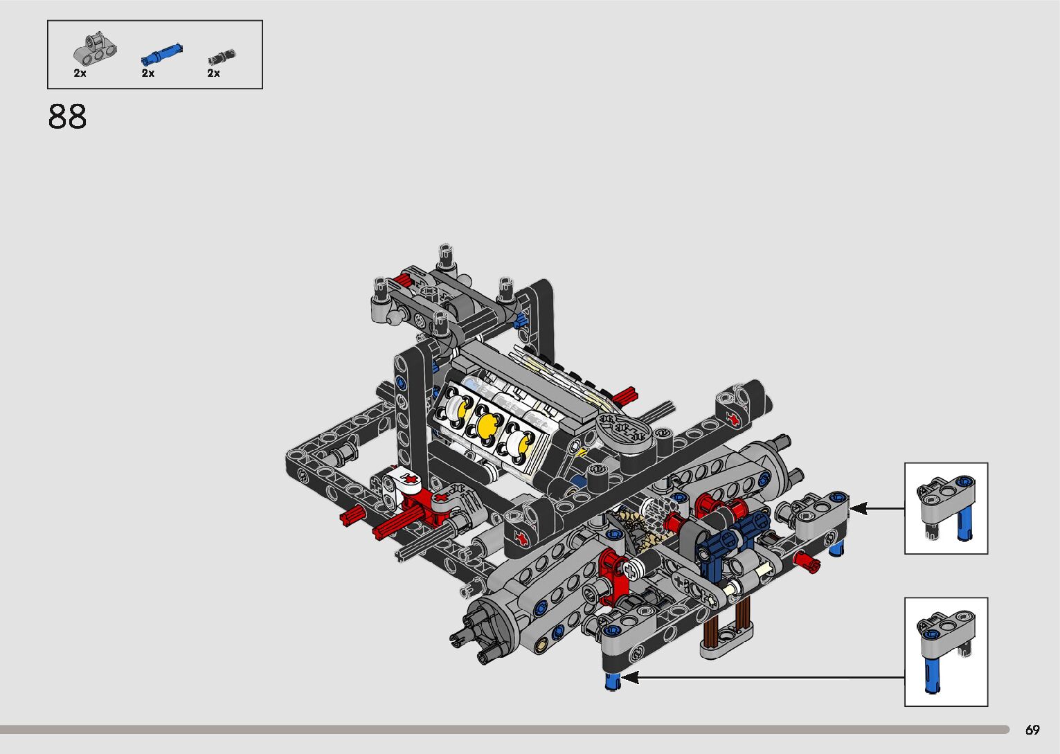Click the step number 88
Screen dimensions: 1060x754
tap(67, 116)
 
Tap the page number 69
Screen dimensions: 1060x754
tap(1032, 729)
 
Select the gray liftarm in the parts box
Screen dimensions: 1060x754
tap(95, 49)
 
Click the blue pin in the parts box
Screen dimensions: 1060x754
tap(162, 54)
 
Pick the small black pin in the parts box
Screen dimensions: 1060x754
tap(222, 57)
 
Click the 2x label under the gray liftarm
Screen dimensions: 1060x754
tap(80, 73)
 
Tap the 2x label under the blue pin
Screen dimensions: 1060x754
tap(148, 73)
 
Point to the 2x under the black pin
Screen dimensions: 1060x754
tap(213, 73)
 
